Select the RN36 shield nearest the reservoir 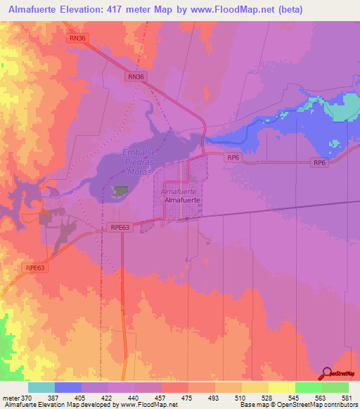coord(136,76)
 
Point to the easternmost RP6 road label coord(320,163)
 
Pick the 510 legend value coord(229,397)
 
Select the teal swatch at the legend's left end coord(41,387)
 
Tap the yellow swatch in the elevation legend coord(282,387)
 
